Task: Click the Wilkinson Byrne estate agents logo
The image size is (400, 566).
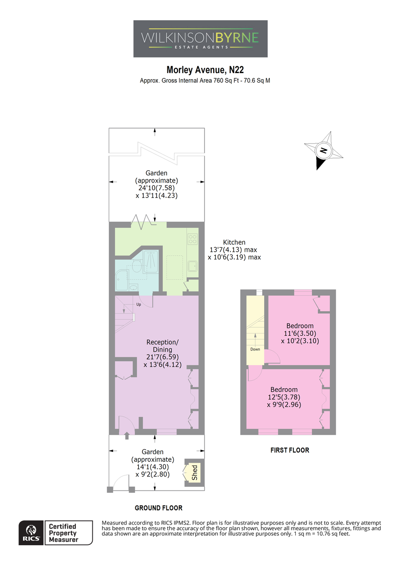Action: click(x=200, y=39)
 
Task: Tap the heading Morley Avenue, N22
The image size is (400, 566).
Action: click(x=205, y=70)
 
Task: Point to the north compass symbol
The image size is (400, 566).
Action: click(x=324, y=150)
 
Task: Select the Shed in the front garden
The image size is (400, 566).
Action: click(x=194, y=472)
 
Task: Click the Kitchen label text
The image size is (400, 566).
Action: click(x=234, y=242)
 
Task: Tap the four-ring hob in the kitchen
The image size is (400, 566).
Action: click(x=192, y=239)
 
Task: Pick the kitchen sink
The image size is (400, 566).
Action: click(x=192, y=266)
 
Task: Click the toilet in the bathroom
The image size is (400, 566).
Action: click(x=136, y=266)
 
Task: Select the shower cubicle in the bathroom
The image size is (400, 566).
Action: click(x=150, y=262)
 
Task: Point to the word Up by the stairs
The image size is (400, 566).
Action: click(x=139, y=305)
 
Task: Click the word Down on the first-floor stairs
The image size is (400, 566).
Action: click(x=255, y=349)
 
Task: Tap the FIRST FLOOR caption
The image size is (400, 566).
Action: click(x=290, y=450)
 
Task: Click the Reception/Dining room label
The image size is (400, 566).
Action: click(x=162, y=346)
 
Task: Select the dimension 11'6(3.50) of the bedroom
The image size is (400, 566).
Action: click(x=300, y=333)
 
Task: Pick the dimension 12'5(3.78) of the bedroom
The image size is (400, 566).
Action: click(x=284, y=397)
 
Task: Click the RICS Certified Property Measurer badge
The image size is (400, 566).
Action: click(x=56, y=533)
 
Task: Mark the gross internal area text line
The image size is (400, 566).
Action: click(x=205, y=81)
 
